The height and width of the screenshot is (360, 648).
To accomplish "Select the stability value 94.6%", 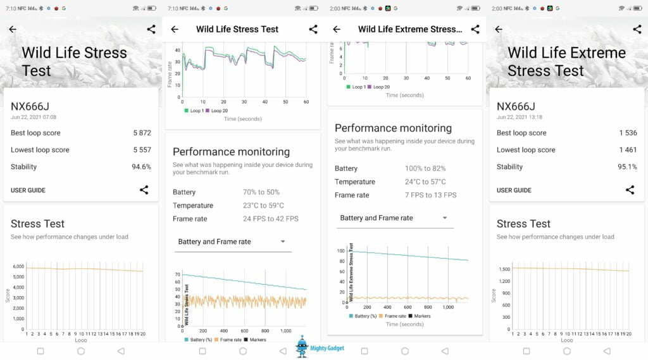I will point(141,167).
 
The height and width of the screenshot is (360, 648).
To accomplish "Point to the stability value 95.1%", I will point(628,167).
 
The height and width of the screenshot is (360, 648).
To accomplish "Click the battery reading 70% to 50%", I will point(261,192).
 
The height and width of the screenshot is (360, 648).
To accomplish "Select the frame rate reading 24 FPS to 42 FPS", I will point(270,219).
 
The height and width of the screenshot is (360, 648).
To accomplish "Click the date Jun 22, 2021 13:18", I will point(520,117).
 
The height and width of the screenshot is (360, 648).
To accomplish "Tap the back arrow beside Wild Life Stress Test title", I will point(175,29).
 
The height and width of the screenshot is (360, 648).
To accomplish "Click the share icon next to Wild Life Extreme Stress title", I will point(475,29).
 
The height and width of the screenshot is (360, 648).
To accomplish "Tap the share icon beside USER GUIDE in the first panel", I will point(144,190).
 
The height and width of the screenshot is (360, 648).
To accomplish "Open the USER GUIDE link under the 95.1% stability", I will point(514,190).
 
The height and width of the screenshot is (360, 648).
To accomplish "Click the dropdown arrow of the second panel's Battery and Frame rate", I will point(282,242).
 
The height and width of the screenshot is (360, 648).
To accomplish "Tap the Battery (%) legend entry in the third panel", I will point(364,316).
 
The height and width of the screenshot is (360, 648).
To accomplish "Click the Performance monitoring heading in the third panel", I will point(393,128).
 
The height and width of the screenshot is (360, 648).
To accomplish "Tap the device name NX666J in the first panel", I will point(30,106).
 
